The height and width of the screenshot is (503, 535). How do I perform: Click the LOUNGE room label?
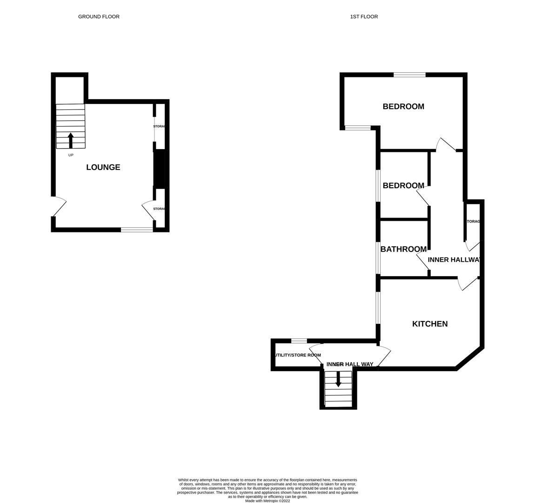coord(103,167)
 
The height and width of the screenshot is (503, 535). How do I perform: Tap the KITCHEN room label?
coord(430,324)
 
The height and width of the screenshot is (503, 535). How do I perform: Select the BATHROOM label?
coord(403,249)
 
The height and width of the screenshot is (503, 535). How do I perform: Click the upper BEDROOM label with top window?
coord(403,107)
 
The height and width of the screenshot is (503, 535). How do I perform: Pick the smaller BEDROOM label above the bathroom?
coord(403,186)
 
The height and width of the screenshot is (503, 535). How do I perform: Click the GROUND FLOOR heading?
coord(99,17)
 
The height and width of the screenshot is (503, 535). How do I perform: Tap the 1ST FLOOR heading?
coord(364,17)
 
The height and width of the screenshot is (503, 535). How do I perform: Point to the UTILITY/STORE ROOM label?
coord(297,355)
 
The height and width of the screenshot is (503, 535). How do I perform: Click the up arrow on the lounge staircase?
coord(71,140)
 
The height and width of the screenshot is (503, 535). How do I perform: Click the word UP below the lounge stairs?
coord(71,155)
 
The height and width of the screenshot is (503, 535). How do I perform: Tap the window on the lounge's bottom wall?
coord(137,229)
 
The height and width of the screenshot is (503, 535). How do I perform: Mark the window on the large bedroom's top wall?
coord(409,75)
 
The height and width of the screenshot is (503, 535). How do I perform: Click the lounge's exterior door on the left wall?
coord(58,207)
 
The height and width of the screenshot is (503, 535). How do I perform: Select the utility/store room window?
coord(299,340)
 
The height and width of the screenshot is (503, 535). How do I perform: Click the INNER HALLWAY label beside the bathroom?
coord(454,260)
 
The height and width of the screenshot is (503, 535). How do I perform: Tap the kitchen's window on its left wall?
coord(378,307)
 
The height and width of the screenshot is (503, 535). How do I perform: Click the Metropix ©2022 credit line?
coord(267,501)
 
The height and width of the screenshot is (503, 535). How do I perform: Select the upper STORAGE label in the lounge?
coord(160,127)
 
